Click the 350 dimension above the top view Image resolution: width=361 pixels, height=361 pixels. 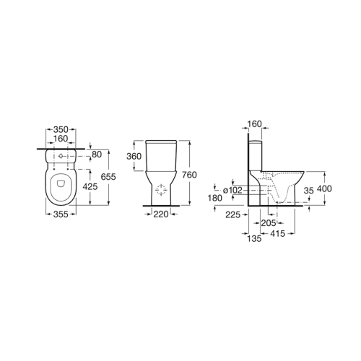(x=61, y=129)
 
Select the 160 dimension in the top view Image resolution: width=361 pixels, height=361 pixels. (x=61, y=139)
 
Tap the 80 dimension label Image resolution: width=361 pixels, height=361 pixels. (x=97, y=155)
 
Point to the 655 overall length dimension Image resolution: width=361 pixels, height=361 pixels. (x=108, y=177)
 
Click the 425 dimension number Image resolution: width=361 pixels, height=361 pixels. (x=90, y=186)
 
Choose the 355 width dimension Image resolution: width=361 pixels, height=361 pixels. (x=61, y=214)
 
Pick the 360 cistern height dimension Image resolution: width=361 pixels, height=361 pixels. (x=134, y=157)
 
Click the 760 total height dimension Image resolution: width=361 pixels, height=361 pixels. (x=189, y=175)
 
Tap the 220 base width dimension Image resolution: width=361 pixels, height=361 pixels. (x=161, y=214)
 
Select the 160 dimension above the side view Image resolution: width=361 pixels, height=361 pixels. (x=254, y=124)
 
